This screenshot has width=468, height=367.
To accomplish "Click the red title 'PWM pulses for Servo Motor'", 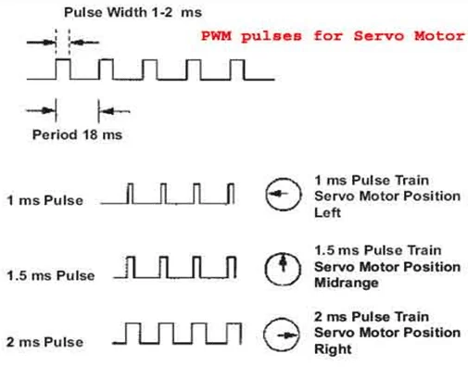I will click(335, 38).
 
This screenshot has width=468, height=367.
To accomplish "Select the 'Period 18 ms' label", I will click(77, 133).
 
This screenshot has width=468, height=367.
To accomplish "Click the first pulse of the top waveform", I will click(63, 70).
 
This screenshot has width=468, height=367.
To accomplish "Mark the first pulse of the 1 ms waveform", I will click(132, 193).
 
